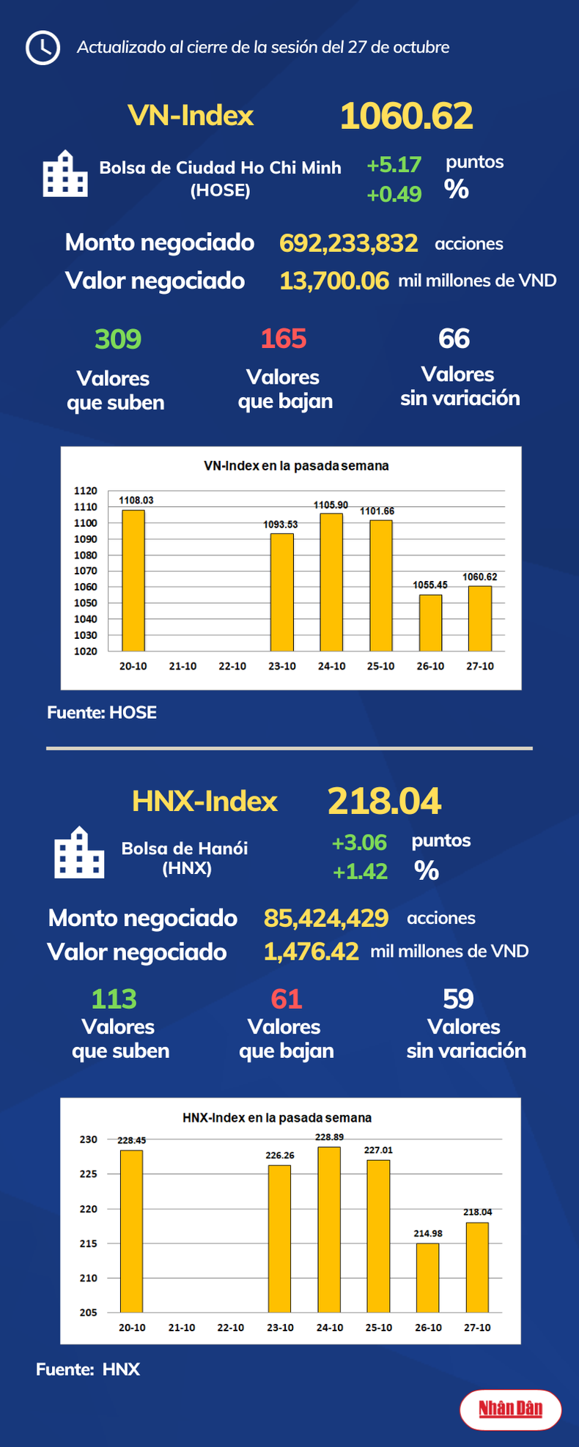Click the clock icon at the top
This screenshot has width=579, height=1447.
click(43, 48)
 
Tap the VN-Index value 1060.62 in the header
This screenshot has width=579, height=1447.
click(406, 116)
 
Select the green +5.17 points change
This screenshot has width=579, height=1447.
click(394, 165)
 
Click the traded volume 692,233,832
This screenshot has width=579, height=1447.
click(348, 243)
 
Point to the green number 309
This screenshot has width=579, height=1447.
click(118, 339)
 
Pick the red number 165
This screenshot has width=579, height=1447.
click(284, 339)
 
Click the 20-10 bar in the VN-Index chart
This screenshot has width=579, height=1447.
click(133, 580)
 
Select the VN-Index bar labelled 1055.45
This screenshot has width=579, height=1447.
click(430, 623)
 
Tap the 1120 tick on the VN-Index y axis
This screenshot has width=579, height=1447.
click(86, 491)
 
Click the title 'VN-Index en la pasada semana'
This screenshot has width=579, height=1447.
click(295, 466)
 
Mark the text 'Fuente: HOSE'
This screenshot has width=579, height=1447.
click(102, 713)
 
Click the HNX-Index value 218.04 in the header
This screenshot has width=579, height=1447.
click(384, 802)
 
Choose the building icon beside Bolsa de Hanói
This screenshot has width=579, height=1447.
click(79, 853)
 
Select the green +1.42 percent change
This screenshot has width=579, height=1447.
click(360, 872)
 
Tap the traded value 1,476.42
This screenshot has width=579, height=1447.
click(311, 952)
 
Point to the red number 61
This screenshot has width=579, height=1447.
click(287, 999)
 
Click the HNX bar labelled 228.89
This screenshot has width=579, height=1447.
click(329, 1229)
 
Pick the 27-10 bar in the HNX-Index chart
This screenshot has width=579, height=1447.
click(477, 1267)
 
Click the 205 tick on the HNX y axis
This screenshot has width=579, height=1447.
click(88, 1312)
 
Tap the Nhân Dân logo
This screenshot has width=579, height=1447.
click(510, 1409)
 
